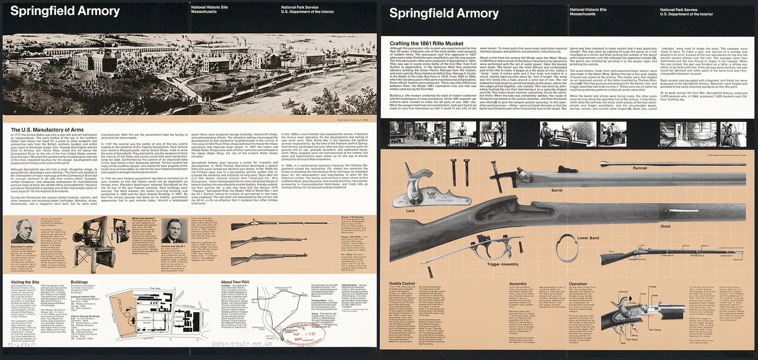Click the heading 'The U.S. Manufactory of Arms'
[x=47, y=130]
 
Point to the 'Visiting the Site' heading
[x=25, y=282]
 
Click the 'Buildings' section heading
[x=79, y=282]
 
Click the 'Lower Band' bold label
[x=588, y=238]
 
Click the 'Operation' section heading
[x=578, y=284]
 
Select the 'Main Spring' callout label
[x=655, y=330]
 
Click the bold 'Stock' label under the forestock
[x=666, y=226]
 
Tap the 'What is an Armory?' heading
[x=142, y=219]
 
